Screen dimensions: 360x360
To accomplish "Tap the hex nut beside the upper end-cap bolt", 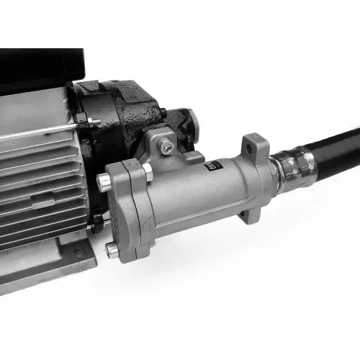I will pyautogui.click(x=147, y=171).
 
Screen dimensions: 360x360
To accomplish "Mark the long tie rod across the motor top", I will pyautogui.click(x=36, y=130).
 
